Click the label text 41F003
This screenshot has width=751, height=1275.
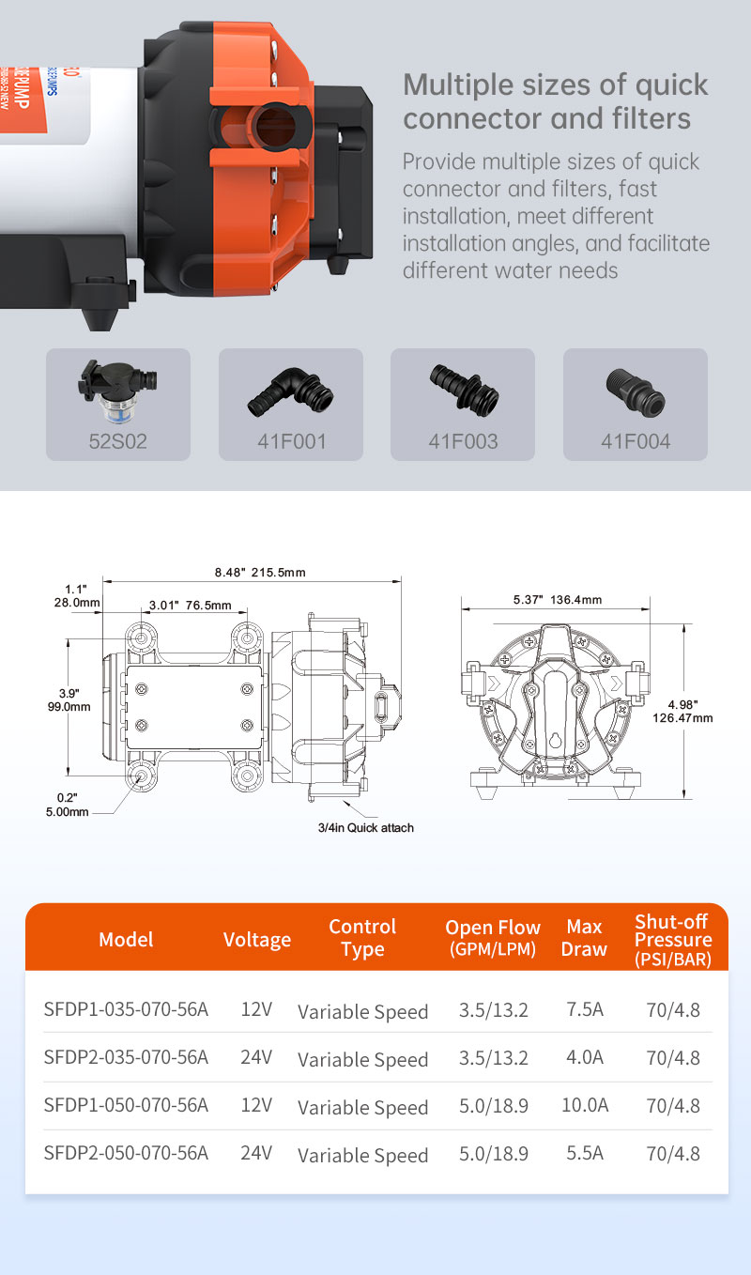point(463,441)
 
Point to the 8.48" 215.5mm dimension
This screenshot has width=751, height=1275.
point(260,572)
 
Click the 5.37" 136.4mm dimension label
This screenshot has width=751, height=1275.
point(557,599)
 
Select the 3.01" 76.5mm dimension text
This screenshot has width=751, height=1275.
point(190,606)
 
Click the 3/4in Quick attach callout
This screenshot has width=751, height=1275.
point(365,827)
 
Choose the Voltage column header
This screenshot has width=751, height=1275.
point(256,939)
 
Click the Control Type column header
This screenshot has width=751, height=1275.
point(362,938)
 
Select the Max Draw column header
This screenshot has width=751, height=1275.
point(584,938)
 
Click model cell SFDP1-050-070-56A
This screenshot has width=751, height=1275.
point(126,1106)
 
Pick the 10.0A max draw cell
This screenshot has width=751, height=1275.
point(584,1106)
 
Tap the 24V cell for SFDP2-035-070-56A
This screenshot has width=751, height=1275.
point(256,1057)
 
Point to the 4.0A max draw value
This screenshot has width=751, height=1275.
point(584,1057)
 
